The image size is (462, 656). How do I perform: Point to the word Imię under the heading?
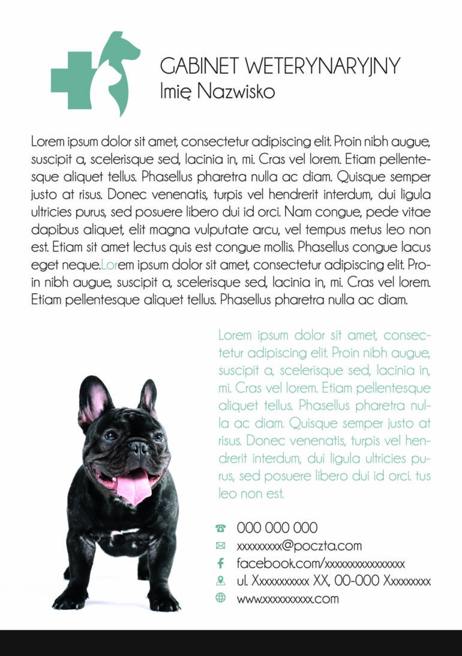pyautogui.click(x=176, y=91)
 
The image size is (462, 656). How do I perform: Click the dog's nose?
pyautogui.click(x=139, y=446)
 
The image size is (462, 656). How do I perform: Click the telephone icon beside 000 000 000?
pyautogui.click(x=220, y=529)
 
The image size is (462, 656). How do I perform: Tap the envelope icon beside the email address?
pyautogui.click(x=220, y=546)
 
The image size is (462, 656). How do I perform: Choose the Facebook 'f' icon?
pyautogui.click(x=220, y=564)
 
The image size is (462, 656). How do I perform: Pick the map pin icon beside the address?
pyautogui.click(x=220, y=581)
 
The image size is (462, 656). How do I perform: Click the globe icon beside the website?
pyautogui.click(x=220, y=598)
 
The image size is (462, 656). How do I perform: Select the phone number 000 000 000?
pyautogui.click(x=277, y=528)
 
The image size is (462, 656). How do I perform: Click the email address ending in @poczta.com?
pyautogui.click(x=299, y=546)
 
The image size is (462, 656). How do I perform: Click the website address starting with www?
pyautogui.click(x=287, y=599)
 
